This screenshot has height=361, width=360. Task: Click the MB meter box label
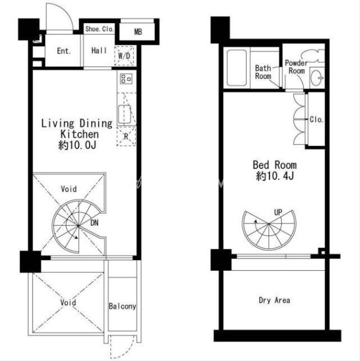(138, 32)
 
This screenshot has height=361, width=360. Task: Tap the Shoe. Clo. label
(99, 29)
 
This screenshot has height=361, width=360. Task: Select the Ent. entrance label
(64, 51)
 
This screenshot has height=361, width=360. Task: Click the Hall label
(99, 50)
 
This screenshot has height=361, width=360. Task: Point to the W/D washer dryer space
(124, 56)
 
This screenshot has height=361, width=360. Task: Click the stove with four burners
(126, 78)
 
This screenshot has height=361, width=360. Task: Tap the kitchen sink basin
(125, 114)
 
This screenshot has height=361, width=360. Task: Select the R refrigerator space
(126, 136)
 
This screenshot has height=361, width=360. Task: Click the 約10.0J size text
(77, 145)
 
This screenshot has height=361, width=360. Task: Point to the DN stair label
(94, 223)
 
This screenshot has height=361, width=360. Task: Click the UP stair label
(278, 212)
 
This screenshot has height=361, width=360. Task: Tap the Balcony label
(122, 306)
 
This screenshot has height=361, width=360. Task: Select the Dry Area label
(275, 300)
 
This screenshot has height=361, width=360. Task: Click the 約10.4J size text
(275, 176)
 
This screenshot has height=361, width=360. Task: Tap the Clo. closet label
(316, 119)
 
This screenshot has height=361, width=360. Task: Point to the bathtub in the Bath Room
(237, 68)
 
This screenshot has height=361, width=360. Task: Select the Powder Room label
(297, 67)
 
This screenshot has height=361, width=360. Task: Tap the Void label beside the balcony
(68, 302)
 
